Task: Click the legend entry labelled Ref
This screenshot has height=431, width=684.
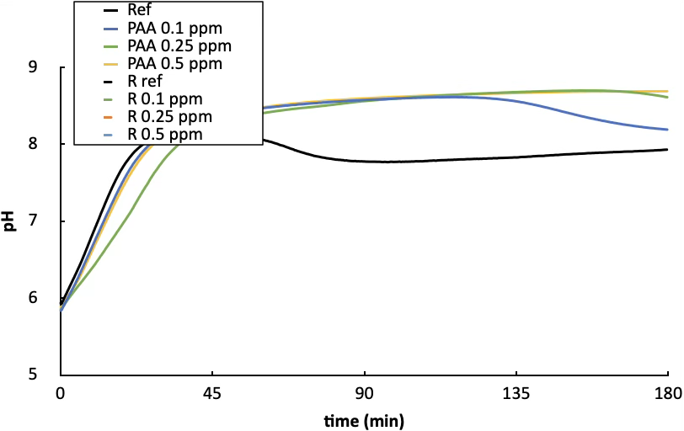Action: click(x=140, y=12)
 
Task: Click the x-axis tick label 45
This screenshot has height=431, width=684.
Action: click(x=212, y=394)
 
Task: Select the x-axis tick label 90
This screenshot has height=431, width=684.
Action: click(x=364, y=394)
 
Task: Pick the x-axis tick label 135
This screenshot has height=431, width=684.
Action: click(x=516, y=394)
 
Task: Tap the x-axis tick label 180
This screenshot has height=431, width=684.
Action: click(x=667, y=394)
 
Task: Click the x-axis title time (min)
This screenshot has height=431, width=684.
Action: click(x=364, y=418)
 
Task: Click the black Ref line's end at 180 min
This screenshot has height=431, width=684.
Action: click(x=667, y=150)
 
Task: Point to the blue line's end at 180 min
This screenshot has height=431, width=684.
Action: click(x=667, y=130)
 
